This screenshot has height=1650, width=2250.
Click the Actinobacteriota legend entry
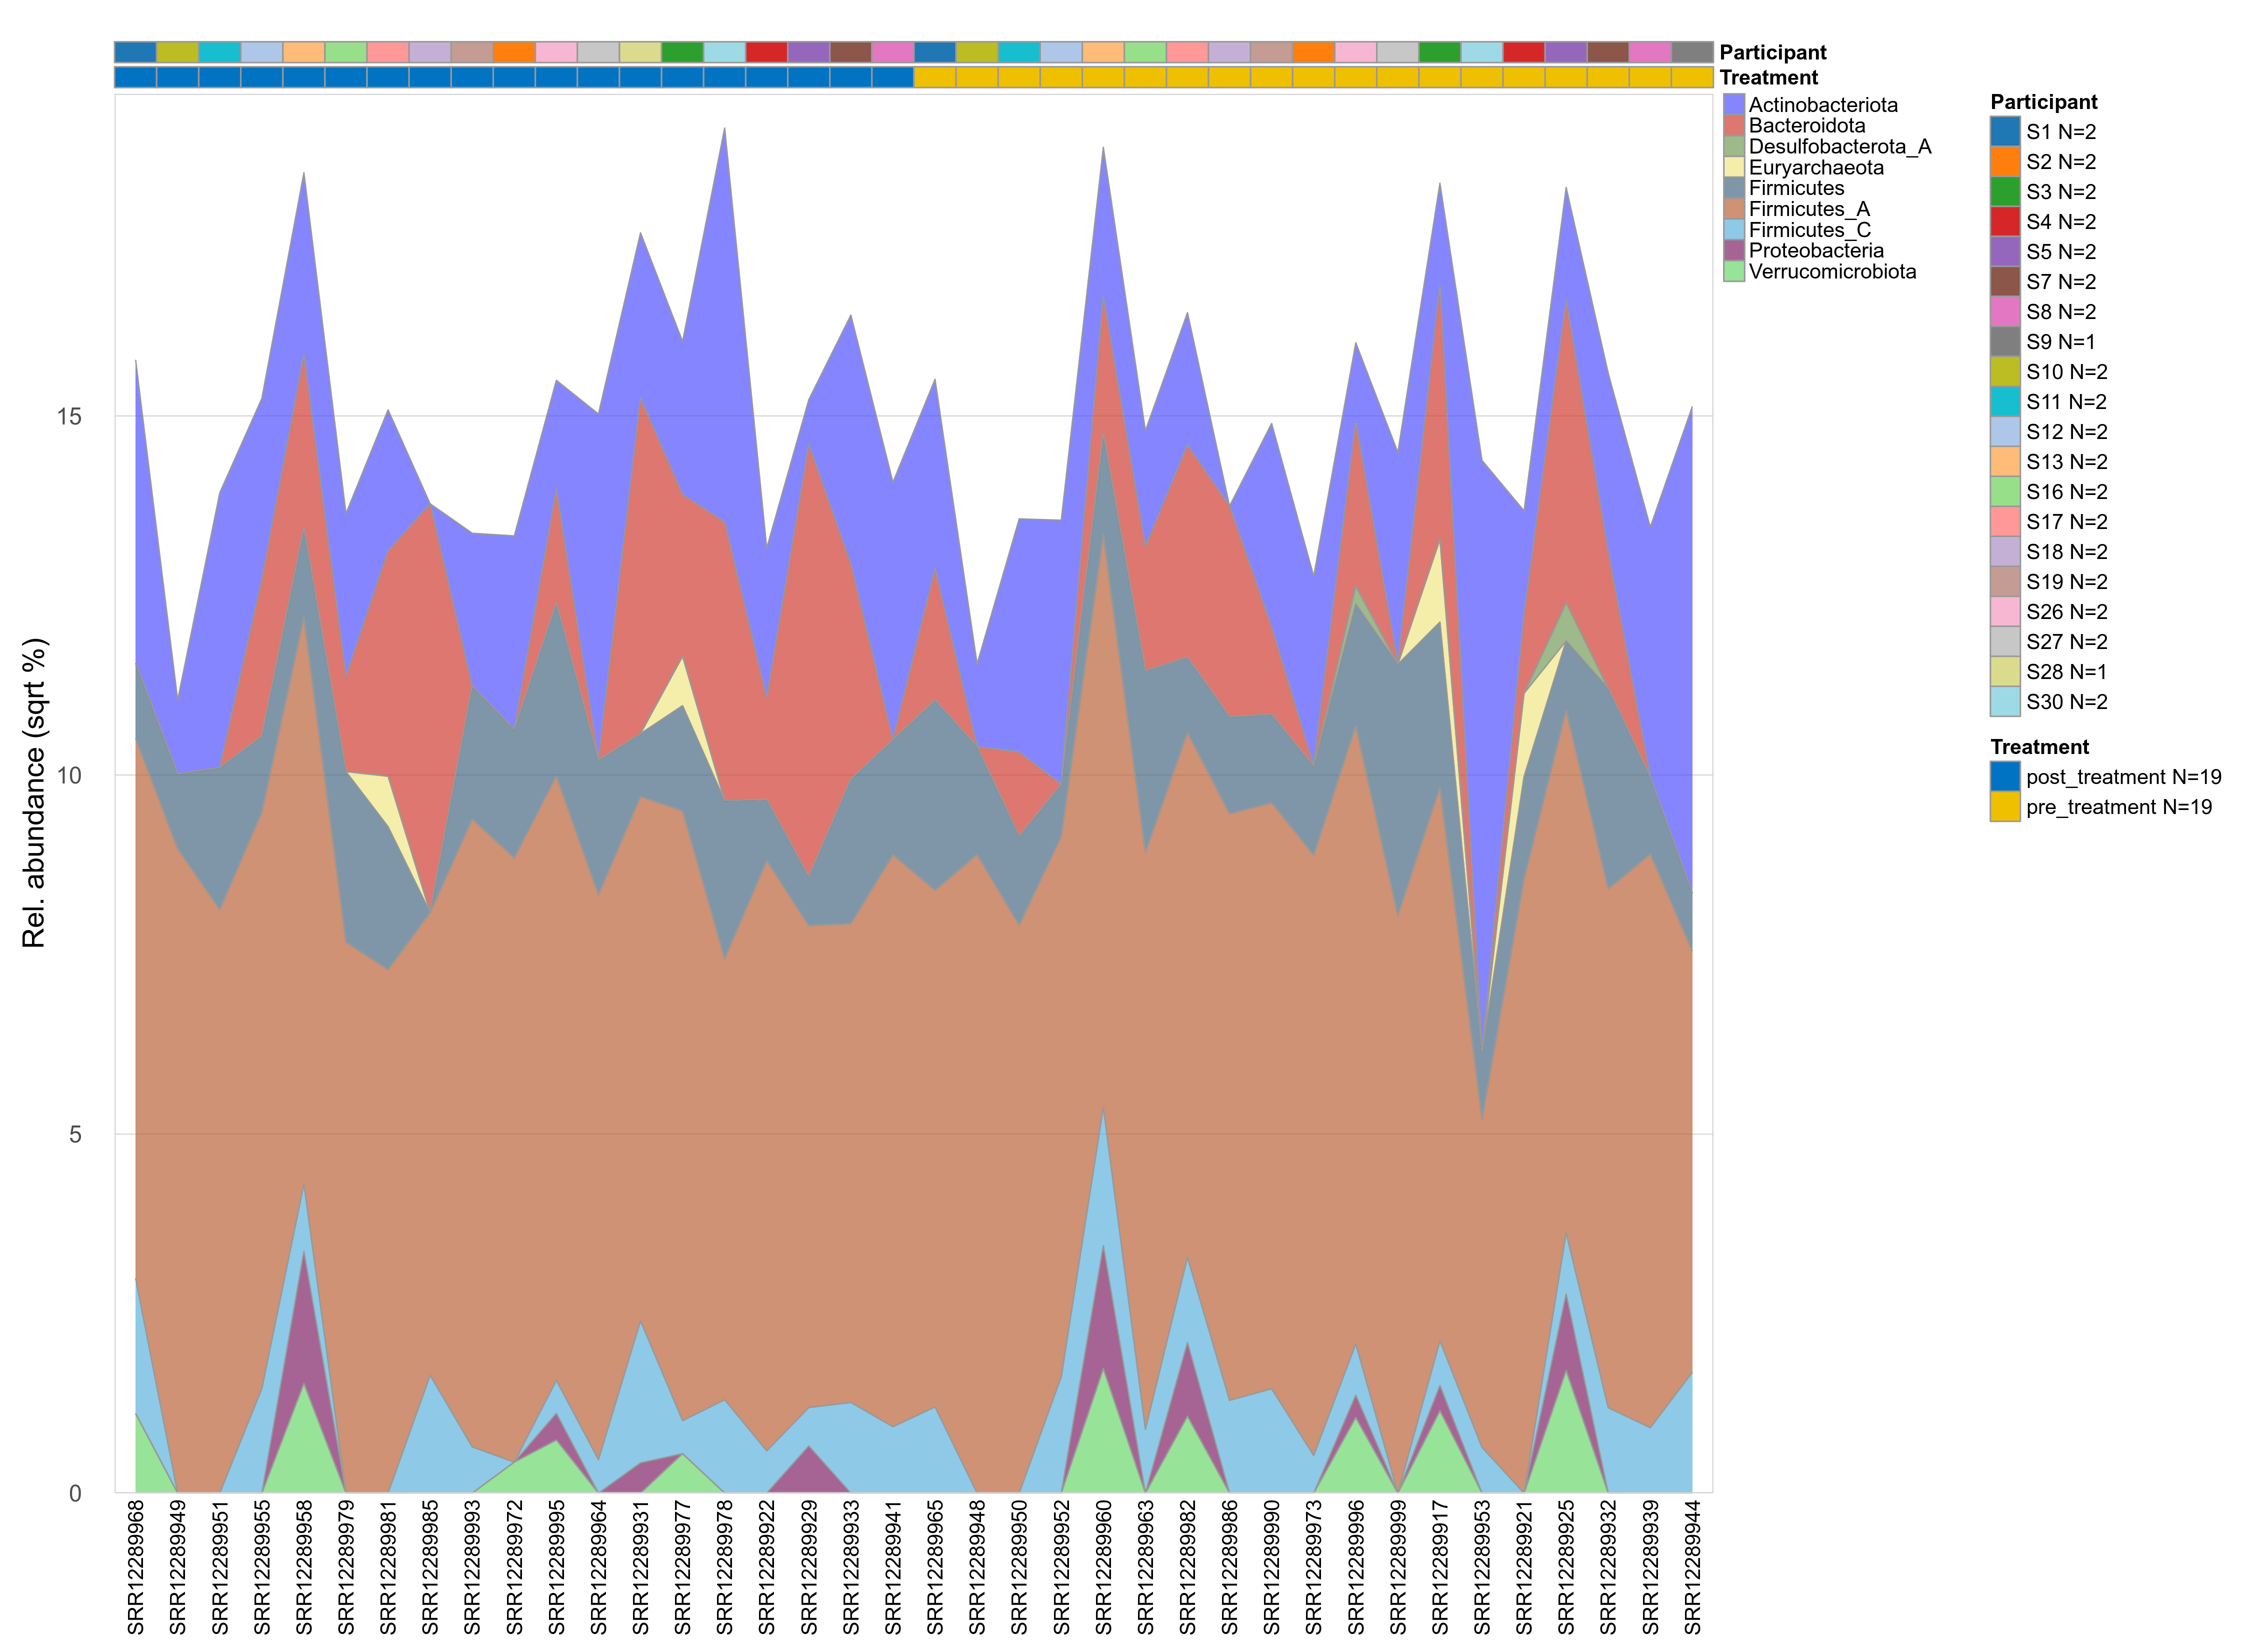[1822, 105]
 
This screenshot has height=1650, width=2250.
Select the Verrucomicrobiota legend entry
[1831, 271]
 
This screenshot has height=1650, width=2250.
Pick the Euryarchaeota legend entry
[1815, 168]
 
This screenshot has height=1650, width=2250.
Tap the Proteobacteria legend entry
[1815, 250]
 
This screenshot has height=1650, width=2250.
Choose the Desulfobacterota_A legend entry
[1839, 147]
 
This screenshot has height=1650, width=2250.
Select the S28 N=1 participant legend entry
[2065, 671]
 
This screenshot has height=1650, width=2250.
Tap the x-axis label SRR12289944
[1692, 1566]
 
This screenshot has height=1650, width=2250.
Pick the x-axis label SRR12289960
[1103, 1566]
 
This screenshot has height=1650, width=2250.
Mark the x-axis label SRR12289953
[1482, 1566]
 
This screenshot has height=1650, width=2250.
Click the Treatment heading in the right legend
[2039, 747]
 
